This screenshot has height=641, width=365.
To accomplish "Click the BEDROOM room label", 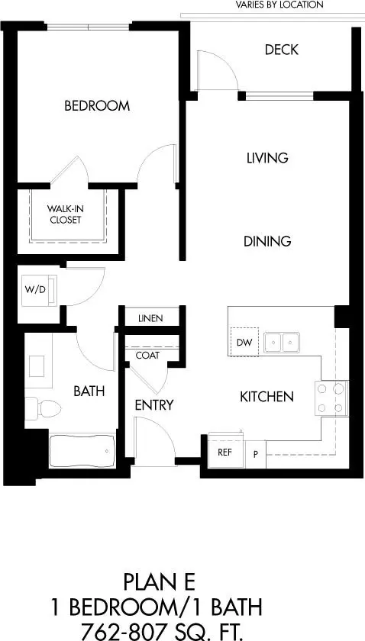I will coord(96,106).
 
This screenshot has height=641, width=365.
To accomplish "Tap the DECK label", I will coord(281,50).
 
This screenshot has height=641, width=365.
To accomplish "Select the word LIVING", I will coord(267,158).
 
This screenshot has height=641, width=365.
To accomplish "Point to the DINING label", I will coord(267,241).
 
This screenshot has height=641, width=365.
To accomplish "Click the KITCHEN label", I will coord(266,397).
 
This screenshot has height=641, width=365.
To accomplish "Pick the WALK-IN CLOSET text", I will coord(65,214).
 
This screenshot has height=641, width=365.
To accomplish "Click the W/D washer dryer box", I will coord(35,290).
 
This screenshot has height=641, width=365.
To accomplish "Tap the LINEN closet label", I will coord(150,318).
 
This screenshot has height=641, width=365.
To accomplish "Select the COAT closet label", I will coord(147,355).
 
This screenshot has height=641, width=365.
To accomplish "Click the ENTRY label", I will coord(154,404).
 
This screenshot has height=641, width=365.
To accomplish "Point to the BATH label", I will coord(89,391).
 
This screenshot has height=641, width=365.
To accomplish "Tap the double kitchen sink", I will coord(283,343).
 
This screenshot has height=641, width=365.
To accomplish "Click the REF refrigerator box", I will coord(225,452).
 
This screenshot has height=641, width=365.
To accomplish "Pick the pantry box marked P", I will coord(255,453).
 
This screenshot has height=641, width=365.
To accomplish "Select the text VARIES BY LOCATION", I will coord(279,5).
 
